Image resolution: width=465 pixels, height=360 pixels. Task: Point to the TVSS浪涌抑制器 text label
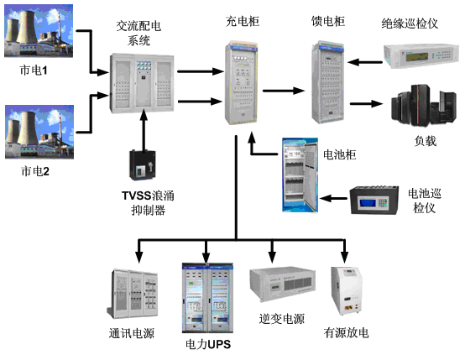[x=140, y=203]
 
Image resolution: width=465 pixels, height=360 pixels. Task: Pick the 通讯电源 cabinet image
[x=134, y=294]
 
